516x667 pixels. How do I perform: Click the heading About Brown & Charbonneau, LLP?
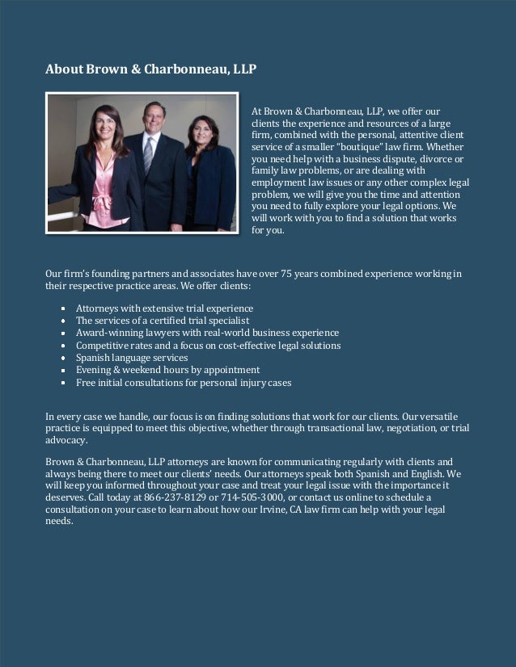click(150, 69)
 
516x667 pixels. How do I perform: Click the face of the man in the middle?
click(153, 118)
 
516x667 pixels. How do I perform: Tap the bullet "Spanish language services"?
click(132, 358)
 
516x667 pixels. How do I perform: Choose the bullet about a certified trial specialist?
click(157, 321)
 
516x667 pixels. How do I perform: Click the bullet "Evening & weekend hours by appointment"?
click(167, 370)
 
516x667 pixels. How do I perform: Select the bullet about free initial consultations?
click(184, 382)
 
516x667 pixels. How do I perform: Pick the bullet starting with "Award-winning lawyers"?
click(207, 333)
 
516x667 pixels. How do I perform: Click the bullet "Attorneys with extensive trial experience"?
click(164, 308)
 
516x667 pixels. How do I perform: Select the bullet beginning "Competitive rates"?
click(208, 346)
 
